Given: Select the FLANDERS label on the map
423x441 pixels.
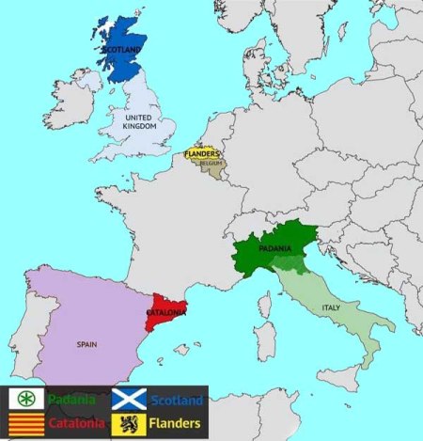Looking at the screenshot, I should point(202,153).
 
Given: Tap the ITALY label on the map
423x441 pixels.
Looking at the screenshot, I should point(330,307).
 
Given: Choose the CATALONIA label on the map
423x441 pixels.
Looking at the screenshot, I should point(165,312).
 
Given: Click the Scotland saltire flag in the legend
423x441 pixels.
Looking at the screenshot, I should point(129,400).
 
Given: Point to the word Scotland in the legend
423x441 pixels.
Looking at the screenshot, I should point(176,401).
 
